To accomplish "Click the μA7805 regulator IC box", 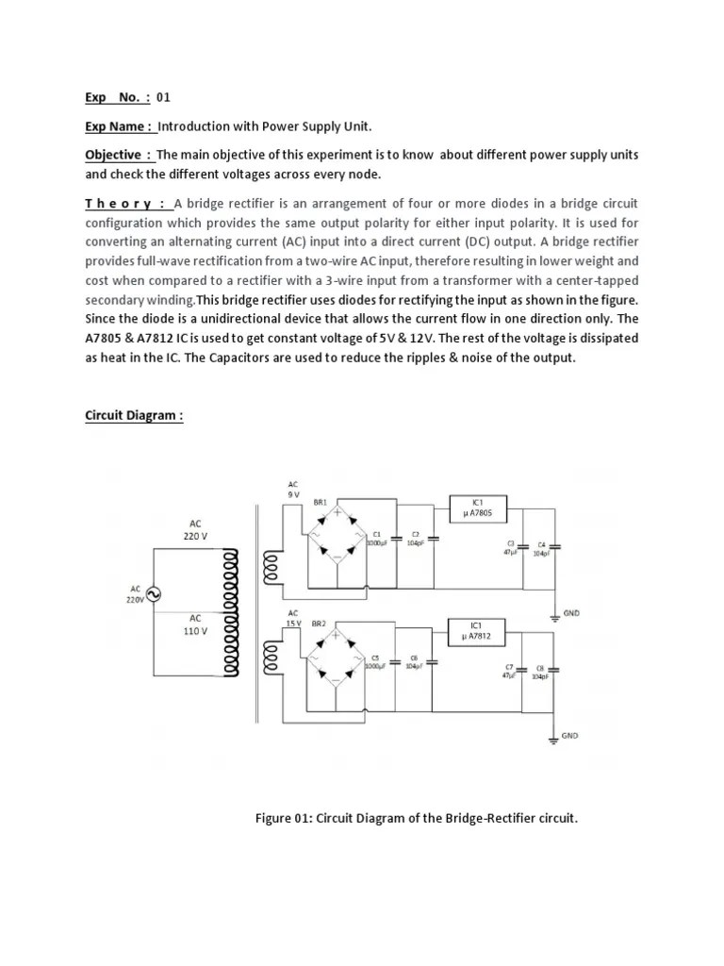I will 480,508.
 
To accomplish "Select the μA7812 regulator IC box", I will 480,630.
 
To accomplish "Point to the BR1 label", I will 321,503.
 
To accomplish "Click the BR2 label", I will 319,624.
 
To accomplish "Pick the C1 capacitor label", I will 376,534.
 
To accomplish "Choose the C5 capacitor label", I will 374,657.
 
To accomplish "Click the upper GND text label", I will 571,612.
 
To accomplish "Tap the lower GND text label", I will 569,735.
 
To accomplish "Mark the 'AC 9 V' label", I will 293,489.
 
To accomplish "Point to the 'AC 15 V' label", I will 293,618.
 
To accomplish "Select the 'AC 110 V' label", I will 195,625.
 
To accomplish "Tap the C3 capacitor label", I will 511,544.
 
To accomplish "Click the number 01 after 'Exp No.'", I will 163,97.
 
